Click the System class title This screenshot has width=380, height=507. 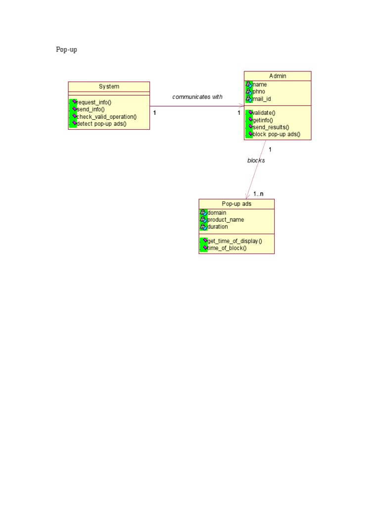(x=109, y=86)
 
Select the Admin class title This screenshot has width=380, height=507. (x=278, y=76)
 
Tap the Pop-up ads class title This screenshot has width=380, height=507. (x=237, y=203)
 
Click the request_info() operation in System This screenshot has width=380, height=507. (x=94, y=102)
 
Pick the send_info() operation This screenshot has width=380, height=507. (x=91, y=109)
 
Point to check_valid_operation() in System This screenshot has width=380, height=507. (x=107, y=117)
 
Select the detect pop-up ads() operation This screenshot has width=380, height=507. (x=101, y=124)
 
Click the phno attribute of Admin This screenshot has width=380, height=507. (x=259, y=92)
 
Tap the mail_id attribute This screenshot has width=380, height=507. (x=262, y=99)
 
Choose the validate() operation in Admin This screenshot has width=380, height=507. (x=264, y=113)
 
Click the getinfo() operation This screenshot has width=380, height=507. (x=263, y=120)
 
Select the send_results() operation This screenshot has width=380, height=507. (x=271, y=127)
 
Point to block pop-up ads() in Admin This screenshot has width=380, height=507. (x=276, y=134)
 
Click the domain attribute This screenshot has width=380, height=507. (x=217, y=213)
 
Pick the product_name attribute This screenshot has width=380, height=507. (x=226, y=220)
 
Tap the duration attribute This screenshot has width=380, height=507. (x=218, y=227)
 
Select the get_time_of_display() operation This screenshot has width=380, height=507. (x=235, y=241)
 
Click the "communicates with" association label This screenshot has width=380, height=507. (x=197, y=97)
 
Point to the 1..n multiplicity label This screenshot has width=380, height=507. (x=258, y=194)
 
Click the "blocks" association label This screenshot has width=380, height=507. (x=256, y=160)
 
